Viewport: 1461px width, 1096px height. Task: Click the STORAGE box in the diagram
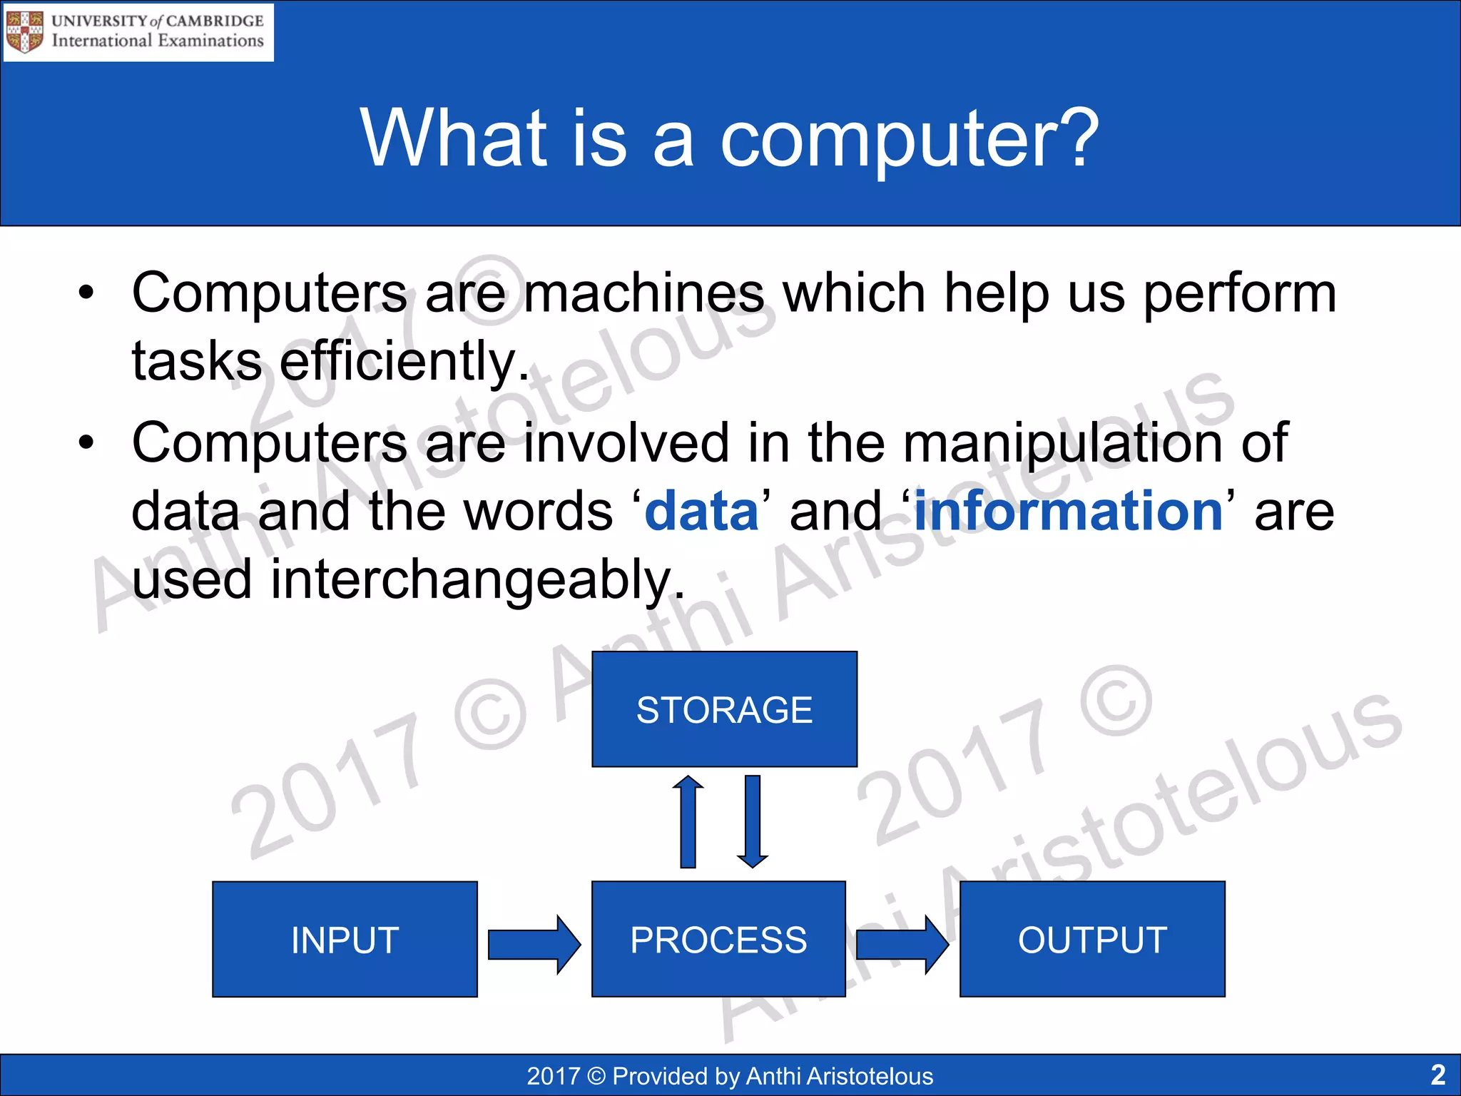coord(724,709)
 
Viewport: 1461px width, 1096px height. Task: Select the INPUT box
coord(345,939)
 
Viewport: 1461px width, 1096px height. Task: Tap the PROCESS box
coord(718,939)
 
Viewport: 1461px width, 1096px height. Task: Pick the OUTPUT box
coord(1092,939)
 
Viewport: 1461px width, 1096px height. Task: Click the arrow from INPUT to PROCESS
coord(534,944)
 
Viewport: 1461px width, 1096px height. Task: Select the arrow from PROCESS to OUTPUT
coord(902,944)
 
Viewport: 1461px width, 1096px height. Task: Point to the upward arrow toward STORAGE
coord(688,821)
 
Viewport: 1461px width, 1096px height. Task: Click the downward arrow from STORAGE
coord(752,821)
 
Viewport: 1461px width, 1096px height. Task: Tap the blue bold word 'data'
coord(701,511)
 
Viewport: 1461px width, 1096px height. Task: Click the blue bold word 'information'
coord(1069,511)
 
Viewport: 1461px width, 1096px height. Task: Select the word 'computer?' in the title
coord(910,139)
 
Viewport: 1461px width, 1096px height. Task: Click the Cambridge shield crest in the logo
coord(25,31)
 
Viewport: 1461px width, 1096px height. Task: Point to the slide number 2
coord(1438,1075)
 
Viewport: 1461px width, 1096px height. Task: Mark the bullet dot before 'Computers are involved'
coord(86,442)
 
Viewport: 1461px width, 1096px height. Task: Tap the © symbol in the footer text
coord(596,1076)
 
